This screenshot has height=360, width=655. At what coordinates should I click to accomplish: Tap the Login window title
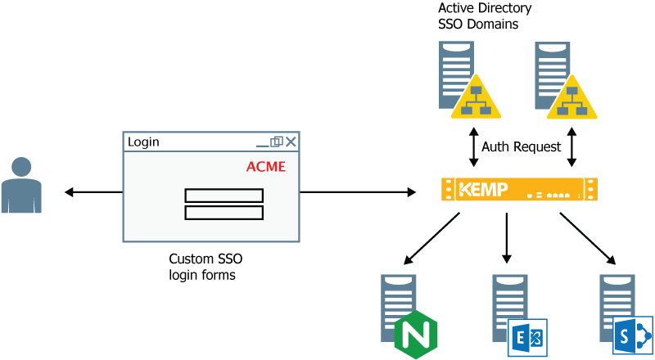point(144,142)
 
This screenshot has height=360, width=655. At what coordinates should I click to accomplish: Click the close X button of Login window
point(291,142)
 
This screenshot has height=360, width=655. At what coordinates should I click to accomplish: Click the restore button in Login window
point(277,142)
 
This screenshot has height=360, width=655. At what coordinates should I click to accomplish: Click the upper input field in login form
point(224,196)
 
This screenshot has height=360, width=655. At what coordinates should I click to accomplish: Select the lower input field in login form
point(224,213)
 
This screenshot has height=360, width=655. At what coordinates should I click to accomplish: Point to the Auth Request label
point(522,147)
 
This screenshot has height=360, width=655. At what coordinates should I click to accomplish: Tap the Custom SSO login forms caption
point(206,267)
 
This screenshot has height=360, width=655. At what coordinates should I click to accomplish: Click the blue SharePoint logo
point(632,335)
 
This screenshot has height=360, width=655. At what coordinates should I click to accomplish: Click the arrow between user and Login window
point(92,192)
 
